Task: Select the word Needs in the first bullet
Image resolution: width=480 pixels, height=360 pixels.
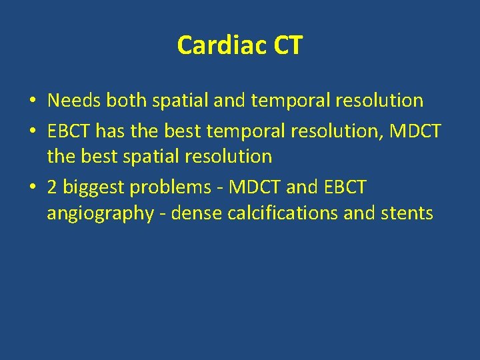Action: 75,101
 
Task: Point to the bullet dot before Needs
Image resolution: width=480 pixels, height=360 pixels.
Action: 32,101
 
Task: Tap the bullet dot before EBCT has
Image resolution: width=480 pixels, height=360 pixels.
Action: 32,131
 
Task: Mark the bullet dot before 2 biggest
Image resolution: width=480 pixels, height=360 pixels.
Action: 32,188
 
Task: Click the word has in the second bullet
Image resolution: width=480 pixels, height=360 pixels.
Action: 111,131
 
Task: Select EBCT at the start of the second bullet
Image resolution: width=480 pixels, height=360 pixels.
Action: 69,131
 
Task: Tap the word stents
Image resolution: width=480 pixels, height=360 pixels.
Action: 407,213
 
